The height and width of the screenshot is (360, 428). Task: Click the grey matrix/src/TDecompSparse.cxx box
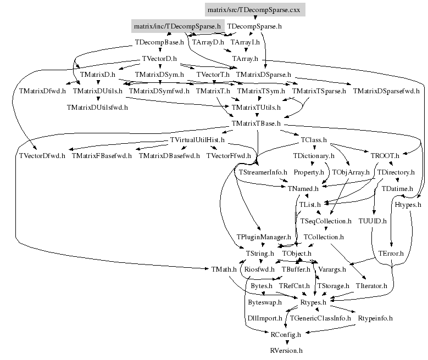tap(254, 9)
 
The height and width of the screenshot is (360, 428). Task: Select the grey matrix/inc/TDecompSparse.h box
tap(177, 26)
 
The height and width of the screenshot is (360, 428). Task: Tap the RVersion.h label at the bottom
tap(286, 350)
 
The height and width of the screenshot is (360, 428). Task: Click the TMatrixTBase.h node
tap(257, 123)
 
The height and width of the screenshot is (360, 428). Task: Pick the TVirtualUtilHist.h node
tap(197, 139)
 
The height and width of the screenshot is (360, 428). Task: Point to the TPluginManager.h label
tap(264, 237)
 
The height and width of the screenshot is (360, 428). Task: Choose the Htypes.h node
tap(392, 205)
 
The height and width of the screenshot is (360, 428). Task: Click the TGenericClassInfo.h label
tap(320, 318)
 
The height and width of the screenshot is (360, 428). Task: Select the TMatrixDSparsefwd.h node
tap(386, 91)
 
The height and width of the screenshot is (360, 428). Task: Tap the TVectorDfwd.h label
tap(42, 156)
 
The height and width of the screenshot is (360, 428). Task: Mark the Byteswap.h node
tap(264, 302)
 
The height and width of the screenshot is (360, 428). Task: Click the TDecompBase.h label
tap(163, 42)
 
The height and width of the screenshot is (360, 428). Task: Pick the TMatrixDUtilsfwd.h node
tap(97, 107)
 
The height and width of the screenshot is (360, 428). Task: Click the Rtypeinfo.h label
tap(375, 318)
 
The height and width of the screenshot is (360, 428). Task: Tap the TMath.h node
tap(224, 269)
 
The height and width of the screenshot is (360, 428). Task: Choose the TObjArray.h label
tap(351, 172)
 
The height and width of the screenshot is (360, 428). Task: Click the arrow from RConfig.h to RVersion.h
tap(286, 342)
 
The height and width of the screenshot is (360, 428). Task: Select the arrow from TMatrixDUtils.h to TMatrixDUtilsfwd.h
tap(97, 99)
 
